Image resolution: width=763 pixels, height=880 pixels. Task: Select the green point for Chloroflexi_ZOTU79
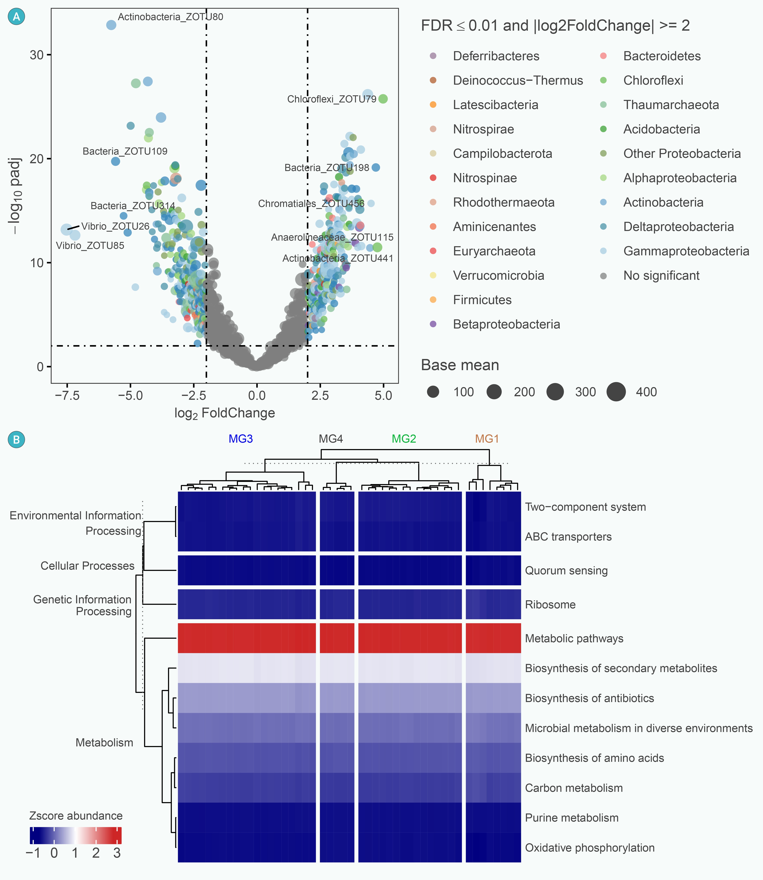click(383, 99)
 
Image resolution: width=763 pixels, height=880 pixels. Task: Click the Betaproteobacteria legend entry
click(506, 324)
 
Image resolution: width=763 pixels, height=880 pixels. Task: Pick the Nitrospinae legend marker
click(433, 178)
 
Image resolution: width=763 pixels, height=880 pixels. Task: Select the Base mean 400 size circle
click(616, 392)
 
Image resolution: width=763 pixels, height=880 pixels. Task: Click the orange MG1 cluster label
click(487, 439)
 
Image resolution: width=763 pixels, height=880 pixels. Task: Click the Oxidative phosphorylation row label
click(590, 848)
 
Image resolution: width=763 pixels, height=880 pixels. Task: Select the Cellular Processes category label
click(87, 566)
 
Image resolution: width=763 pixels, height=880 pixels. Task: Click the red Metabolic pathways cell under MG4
click(337, 638)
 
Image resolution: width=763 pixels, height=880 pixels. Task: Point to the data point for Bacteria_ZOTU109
click(115, 161)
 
